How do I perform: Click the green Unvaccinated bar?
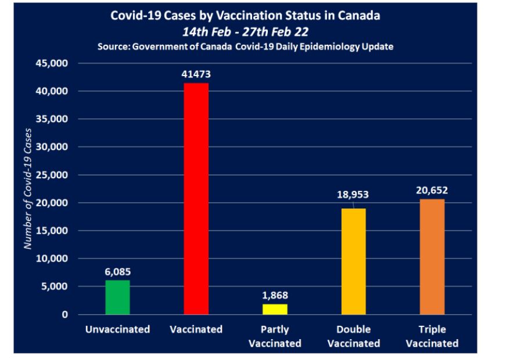117,297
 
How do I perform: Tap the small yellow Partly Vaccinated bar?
275,309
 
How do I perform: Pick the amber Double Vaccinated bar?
353,261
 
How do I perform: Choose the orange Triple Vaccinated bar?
432,257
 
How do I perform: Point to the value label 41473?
196,74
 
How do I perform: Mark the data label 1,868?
275,296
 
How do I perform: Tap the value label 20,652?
432,190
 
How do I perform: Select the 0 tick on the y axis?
65,315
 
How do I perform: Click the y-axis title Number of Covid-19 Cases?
28,188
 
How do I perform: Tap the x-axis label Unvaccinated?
117,329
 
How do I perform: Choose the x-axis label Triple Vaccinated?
432,336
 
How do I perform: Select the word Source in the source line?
115,46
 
